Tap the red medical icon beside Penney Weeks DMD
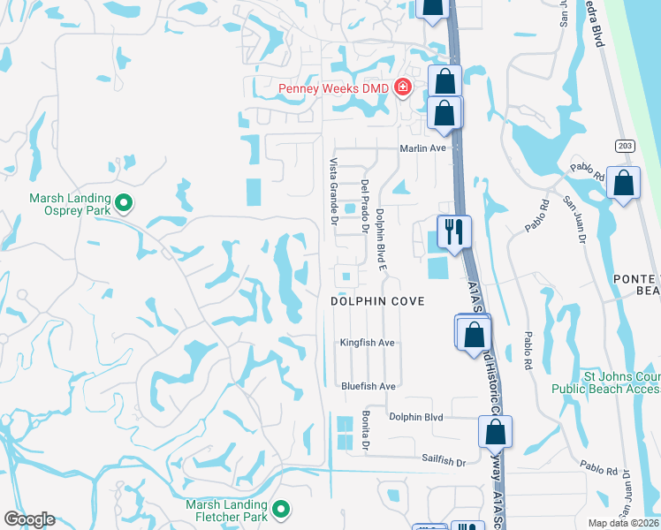[402, 87]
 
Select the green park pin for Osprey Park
[124, 204]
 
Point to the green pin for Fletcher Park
[281, 509]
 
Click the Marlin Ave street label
[422, 148]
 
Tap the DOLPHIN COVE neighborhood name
[377, 301]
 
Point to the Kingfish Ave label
[368, 343]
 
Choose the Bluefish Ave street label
[368, 386]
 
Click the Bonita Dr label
[365, 432]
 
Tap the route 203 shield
[625, 143]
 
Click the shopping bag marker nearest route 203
[624, 185]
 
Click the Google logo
[29, 519]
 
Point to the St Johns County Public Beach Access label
[604, 382]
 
